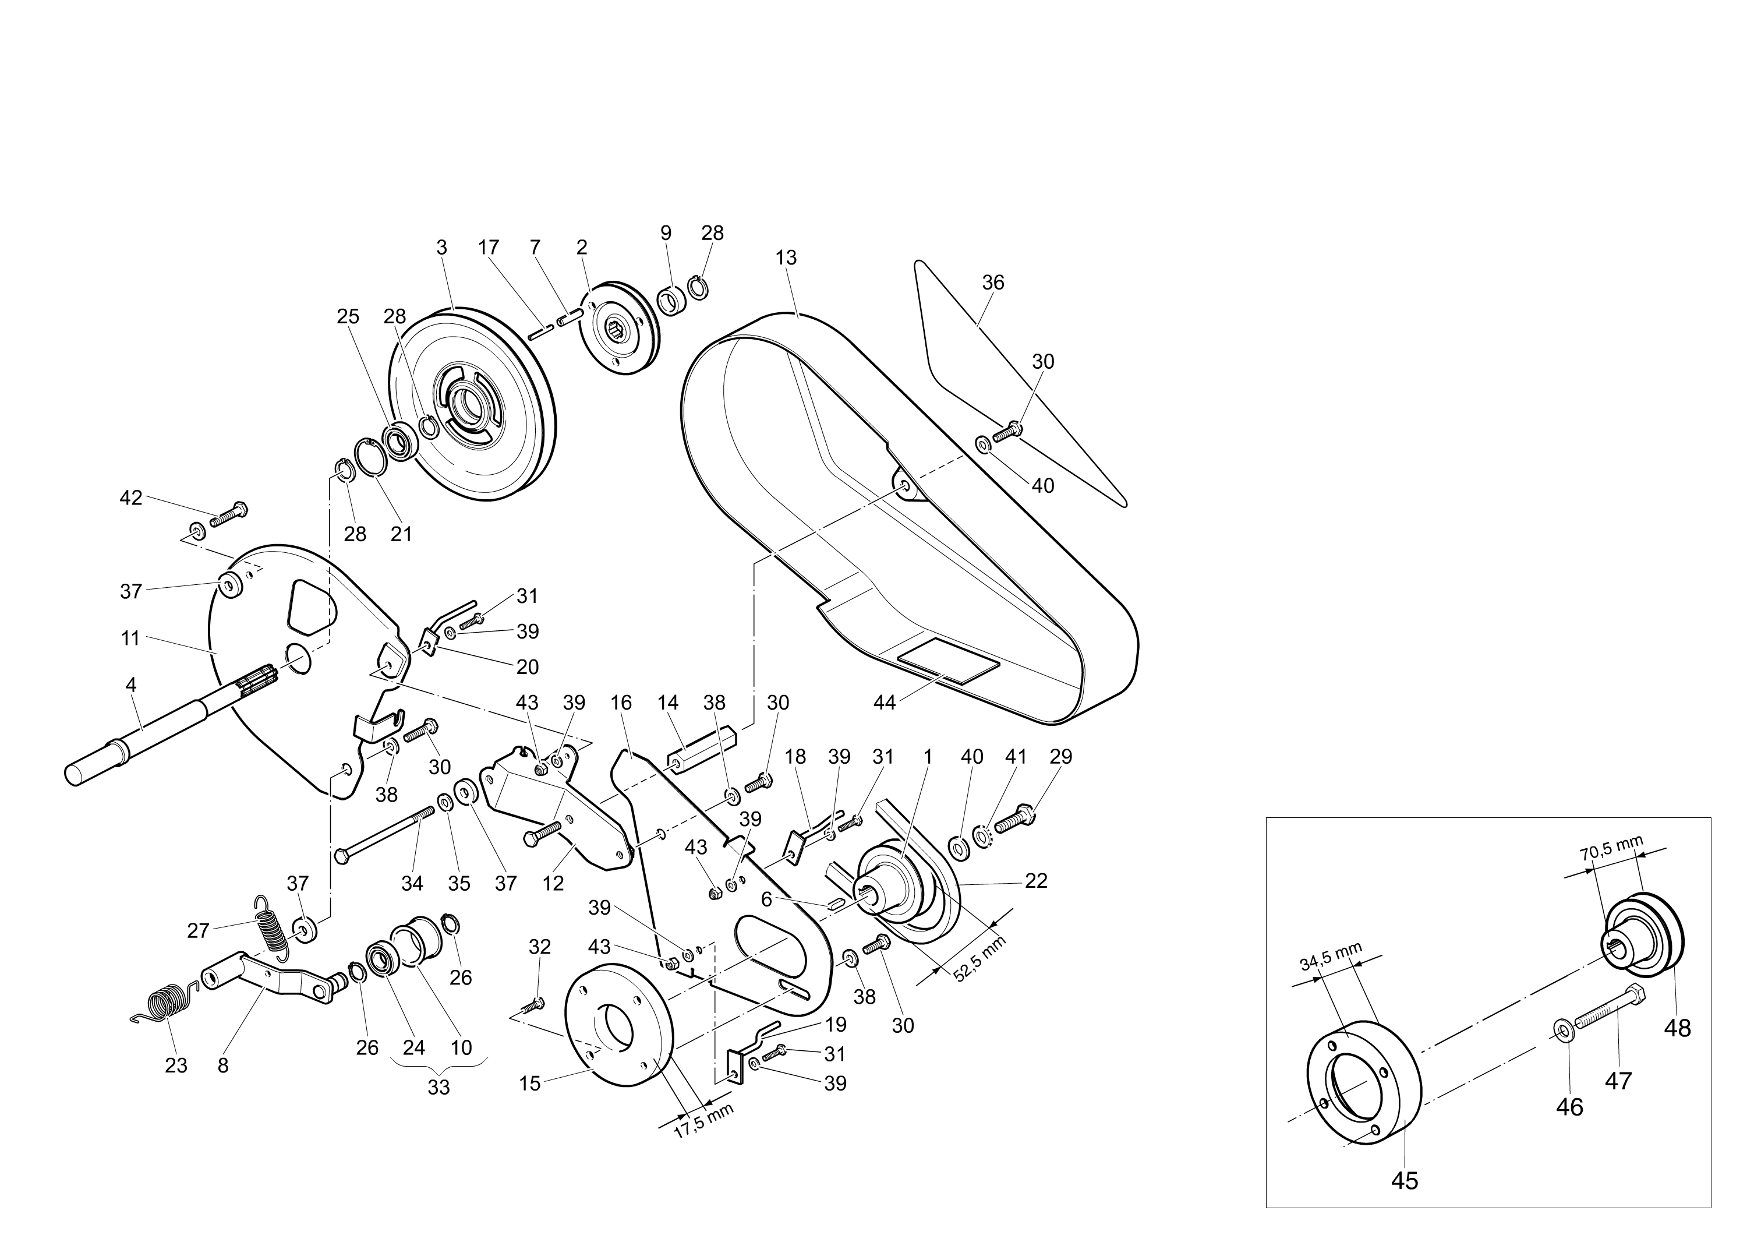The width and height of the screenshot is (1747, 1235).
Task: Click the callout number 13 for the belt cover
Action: pyautogui.click(x=786, y=258)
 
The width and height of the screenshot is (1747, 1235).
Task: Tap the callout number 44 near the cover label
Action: pyautogui.click(x=884, y=703)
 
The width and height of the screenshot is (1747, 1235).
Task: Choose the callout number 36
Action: pyautogui.click(x=993, y=283)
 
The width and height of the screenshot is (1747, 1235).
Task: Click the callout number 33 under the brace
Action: pyautogui.click(x=438, y=1088)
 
